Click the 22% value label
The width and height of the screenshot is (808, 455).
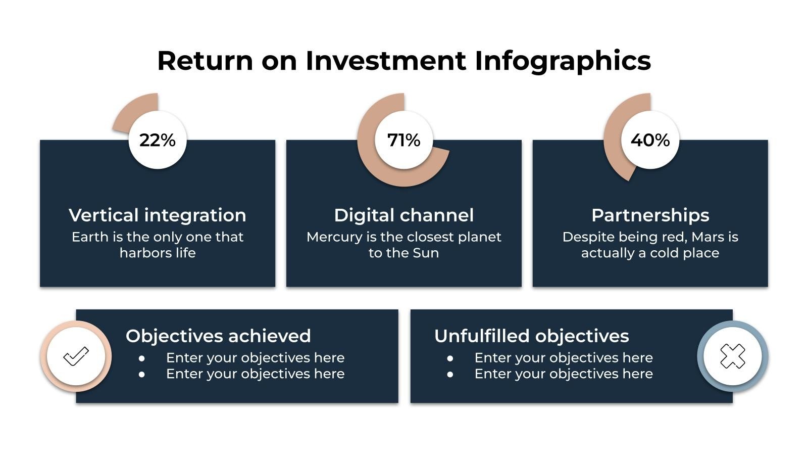158,140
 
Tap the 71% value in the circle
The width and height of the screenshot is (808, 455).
403,140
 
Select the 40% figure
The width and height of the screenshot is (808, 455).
650,140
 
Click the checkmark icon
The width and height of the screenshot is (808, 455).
76,356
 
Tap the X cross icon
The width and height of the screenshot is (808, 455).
732,356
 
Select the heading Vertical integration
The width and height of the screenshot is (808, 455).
158,215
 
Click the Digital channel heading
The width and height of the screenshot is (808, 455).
403,215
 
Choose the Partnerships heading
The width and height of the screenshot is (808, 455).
650,215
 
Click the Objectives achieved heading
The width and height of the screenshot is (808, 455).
218,336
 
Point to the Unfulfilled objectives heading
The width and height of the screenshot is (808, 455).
531,336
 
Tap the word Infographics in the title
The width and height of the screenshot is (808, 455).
563,61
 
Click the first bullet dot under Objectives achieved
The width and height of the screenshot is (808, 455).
142,358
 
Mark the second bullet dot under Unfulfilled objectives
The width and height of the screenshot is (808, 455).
450,375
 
